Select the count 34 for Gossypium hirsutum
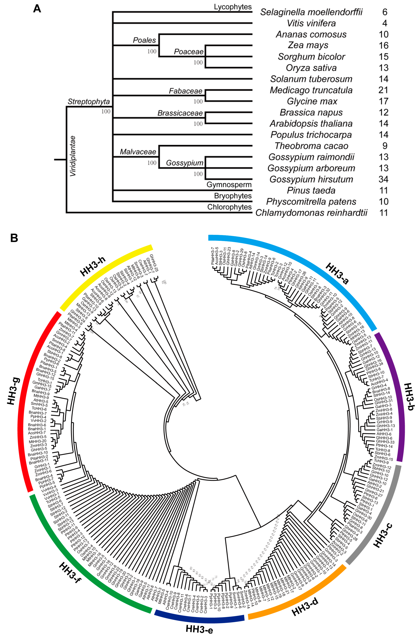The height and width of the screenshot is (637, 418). coord(383,179)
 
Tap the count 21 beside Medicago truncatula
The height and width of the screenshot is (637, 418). coord(383,90)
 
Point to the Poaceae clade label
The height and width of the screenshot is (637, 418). coord(189,52)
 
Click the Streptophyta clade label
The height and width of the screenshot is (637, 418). coord(89,102)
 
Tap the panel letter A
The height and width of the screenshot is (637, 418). coord(37,9)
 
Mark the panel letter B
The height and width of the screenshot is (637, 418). coord(14,238)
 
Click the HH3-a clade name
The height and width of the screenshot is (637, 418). coord(337,273)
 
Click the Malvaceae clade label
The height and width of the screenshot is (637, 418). coord(138,152)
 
